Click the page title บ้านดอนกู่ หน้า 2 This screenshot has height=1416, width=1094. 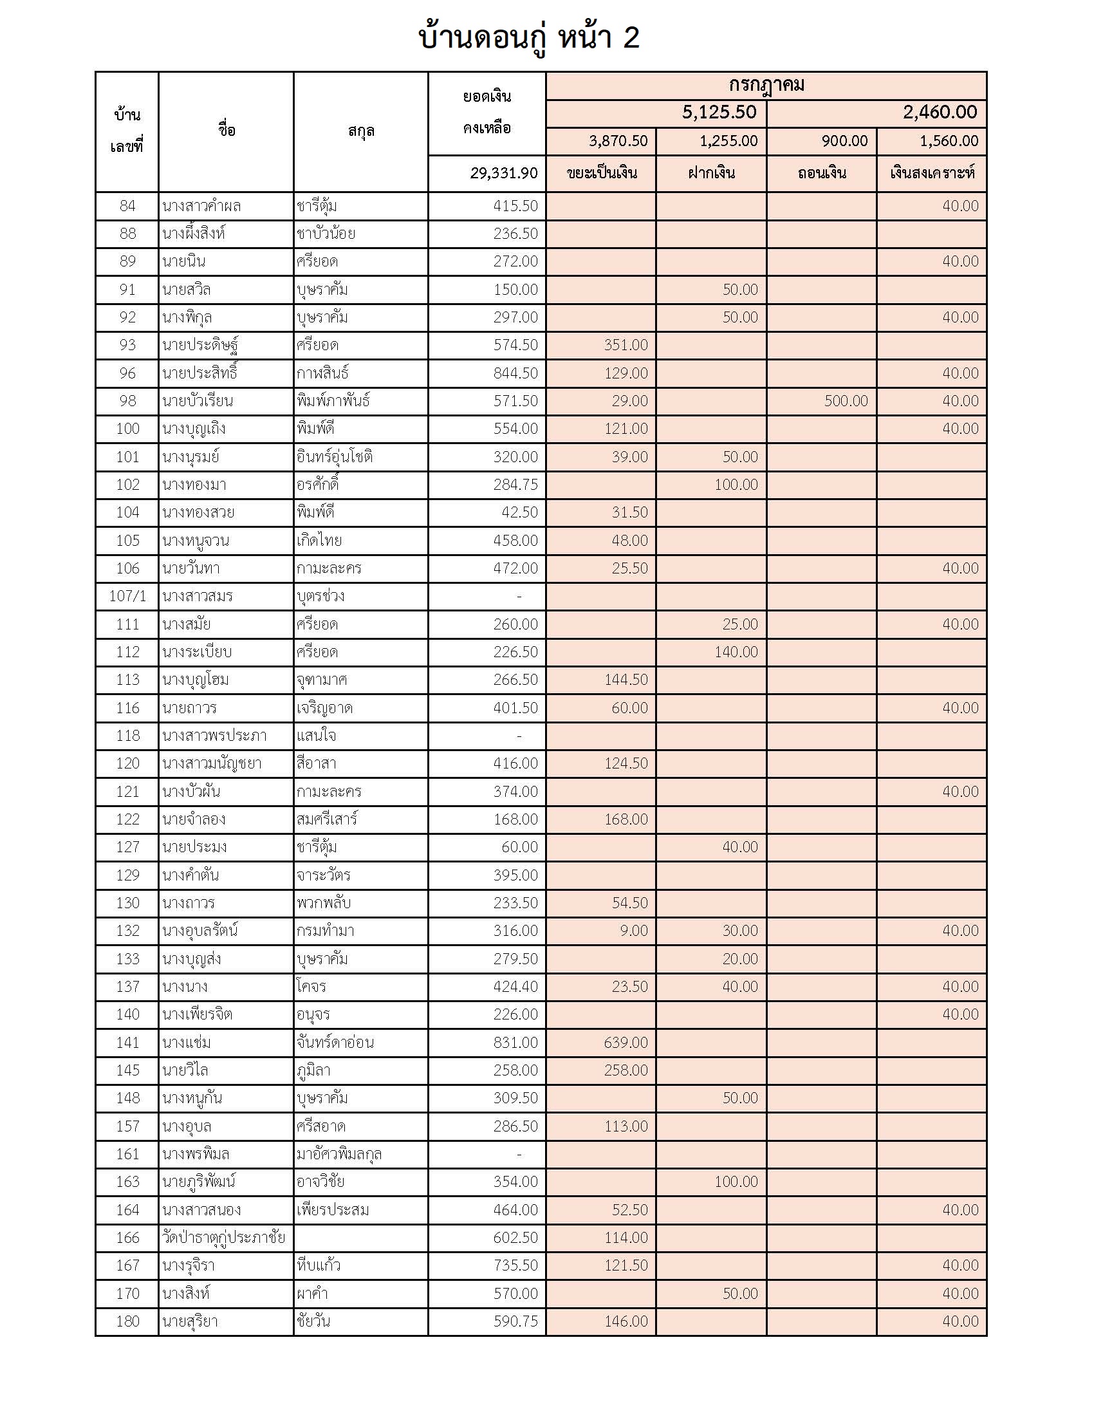(529, 37)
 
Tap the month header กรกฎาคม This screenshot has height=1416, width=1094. (766, 86)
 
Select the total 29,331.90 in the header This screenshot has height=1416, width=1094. (504, 173)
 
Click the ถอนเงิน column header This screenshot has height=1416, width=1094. (821, 173)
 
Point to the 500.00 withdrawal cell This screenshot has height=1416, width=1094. (846, 401)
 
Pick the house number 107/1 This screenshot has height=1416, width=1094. (127, 596)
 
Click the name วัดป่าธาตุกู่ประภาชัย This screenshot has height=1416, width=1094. (223, 1237)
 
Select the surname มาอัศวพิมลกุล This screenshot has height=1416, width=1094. (339, 1153)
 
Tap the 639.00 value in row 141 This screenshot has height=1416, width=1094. (626, 1042)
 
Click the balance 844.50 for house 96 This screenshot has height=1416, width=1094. (515, 373)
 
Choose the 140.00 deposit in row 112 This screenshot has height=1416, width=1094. (736, 651)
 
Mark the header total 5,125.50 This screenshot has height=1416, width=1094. (719, 113)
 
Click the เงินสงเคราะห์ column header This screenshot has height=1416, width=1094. (931, 173)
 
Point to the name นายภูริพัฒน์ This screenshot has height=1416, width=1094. (199, 1181)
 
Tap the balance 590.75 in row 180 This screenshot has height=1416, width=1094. (515, 1321)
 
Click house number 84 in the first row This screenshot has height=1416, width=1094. (127, 206)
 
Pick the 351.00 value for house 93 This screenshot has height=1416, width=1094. (626, 345)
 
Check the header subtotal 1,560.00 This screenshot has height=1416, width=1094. (949, 142)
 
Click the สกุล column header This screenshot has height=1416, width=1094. (361, 131)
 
